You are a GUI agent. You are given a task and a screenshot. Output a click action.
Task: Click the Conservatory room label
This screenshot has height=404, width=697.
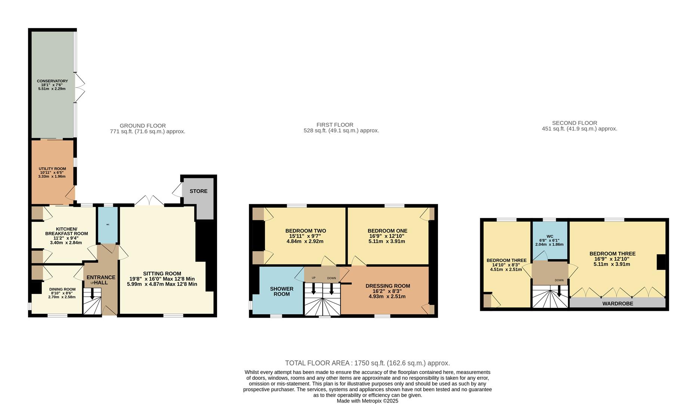click(52, 85)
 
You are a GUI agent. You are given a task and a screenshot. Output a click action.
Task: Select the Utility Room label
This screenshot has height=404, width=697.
click(52, 172)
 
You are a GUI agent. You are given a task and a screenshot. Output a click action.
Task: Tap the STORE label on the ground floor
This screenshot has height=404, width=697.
click(198, 191)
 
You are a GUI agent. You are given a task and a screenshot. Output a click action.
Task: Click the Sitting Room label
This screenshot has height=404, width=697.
click(162, 279)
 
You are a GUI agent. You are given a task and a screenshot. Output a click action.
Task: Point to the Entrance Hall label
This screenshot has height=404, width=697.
click(101, 280)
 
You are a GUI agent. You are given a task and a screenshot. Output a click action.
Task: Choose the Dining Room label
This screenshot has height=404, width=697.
click(62, 293)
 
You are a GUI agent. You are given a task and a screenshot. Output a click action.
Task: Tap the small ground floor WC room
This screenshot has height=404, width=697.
click(108, 225)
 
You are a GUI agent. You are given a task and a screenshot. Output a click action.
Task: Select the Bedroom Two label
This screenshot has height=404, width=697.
click(305, 236)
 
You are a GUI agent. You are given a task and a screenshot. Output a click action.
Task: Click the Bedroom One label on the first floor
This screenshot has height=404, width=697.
click(387, 236)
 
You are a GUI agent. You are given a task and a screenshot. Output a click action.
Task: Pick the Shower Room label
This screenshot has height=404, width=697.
click(281, 291)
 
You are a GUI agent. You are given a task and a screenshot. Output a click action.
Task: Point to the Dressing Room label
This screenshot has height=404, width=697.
click(388, 291)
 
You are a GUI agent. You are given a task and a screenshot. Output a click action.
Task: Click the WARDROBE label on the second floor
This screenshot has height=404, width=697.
click(617, 303)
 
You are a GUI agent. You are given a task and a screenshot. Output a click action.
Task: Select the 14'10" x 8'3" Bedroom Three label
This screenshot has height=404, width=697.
click(506, 264)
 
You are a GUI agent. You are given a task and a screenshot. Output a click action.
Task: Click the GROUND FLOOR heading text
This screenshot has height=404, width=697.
click(143, 126)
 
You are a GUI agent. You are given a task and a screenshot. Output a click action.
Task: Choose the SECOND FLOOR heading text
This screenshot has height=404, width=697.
click(574, 123)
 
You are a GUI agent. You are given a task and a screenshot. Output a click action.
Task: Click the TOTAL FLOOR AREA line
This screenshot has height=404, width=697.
click(367, 363)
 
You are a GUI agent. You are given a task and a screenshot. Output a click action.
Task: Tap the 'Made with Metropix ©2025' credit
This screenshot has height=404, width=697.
click(367, 401)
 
